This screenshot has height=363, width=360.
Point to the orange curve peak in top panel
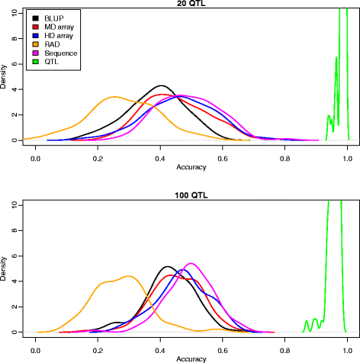click(x=114, y=97)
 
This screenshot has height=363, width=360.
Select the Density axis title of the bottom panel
click(x=5, y=268)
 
